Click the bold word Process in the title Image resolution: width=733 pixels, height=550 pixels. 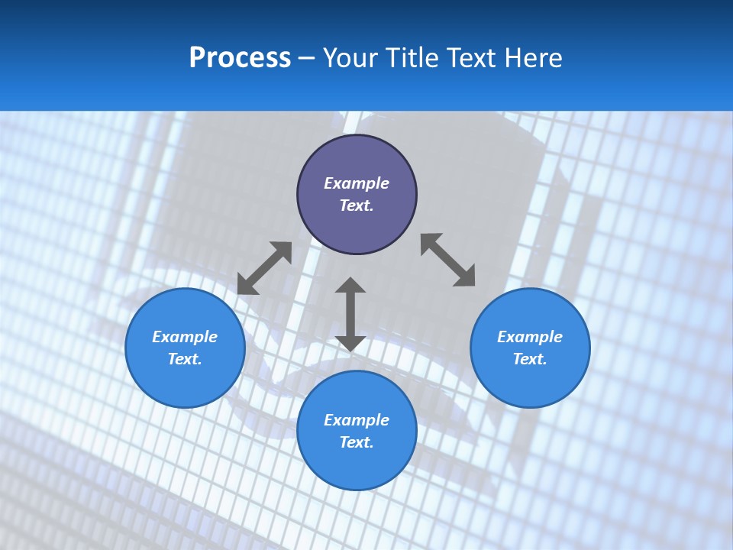(x=240, y=57)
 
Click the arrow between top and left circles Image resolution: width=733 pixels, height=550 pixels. (x=264, y=267)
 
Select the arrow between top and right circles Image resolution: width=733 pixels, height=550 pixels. (x=448, y=260)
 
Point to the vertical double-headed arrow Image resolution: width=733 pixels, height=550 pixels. (x=350, y=314)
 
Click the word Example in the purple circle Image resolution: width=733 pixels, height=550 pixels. (x=357, y=183)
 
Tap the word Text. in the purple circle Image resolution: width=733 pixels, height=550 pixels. (x=357, y=205)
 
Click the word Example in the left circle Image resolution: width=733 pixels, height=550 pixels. (x=185, y=337)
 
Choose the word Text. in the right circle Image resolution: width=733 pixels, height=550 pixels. (x=530, y=359)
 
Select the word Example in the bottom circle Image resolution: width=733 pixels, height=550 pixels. (x=357, y=420)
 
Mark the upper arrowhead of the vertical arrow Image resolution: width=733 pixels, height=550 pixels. (x=350, y=286)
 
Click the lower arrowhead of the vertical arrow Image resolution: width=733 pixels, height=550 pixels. (x=350, y=343)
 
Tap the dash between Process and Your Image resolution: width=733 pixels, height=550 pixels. (x=307, y=58)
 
